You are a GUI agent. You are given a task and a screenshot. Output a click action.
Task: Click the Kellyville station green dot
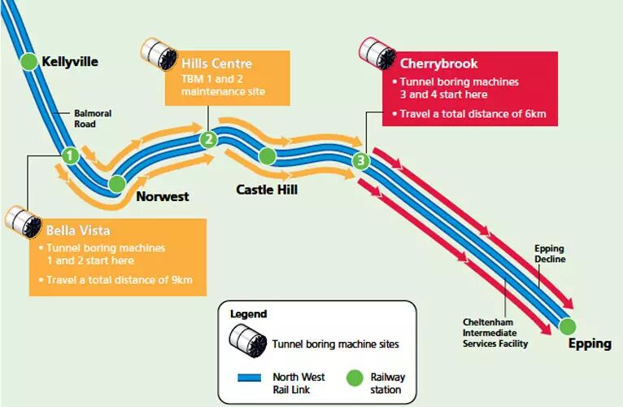click(x=28, y=61)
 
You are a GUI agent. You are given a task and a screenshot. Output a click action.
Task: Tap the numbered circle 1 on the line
click(x=70, y=155)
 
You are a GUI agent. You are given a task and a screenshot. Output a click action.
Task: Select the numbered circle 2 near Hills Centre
click(x=209, y=139)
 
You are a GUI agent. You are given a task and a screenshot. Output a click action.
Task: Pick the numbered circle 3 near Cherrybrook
click(x=361, y=161)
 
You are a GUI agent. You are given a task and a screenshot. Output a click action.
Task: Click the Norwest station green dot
click(x=117, y=184)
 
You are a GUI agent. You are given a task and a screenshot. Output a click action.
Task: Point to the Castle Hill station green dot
click(x=267, y=155)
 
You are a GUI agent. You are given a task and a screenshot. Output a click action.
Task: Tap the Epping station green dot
click(x=567, y=326)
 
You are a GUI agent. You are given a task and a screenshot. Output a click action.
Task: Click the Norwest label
click(x=162, y=196)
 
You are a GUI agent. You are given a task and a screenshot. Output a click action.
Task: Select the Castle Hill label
click(x=267, y=190)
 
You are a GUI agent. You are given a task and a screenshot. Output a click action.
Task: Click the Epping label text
click(x=590, y=344)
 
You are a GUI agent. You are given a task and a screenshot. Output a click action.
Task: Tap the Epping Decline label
click(x=549, y=253)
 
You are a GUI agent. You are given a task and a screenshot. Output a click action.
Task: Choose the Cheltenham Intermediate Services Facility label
click(x=495, y=333)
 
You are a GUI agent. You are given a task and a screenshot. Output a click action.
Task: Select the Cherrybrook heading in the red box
click(x=438, y=63)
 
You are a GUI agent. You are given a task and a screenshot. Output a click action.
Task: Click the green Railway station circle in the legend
click(x=355, y=378)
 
